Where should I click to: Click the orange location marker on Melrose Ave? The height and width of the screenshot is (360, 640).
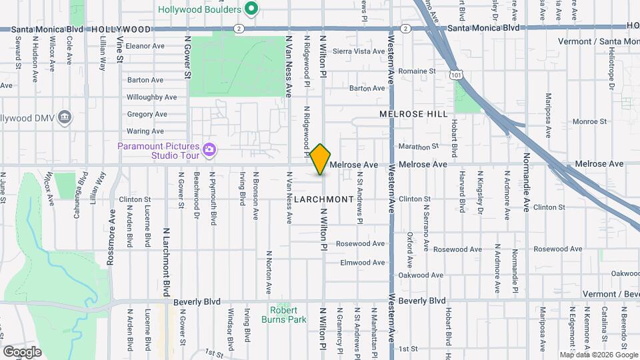[x=321, y=159]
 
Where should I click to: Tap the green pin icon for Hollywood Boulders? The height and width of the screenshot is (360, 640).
[x=251, y=9]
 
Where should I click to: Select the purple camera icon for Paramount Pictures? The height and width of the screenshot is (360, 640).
[x=210, y=149]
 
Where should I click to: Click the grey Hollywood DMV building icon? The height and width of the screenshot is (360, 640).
[x=65, y=118]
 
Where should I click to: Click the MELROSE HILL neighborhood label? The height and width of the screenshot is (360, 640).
[x=413, y=114]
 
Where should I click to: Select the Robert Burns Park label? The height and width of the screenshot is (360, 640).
[x=289, y=315]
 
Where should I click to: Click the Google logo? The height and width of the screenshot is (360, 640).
[x=22, y=351]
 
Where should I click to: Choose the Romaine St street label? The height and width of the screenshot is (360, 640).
[x=417, y=71]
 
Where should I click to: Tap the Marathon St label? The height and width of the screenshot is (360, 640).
[x=418, y=146]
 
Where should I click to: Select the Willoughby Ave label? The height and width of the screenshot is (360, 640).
[x=151, y=97]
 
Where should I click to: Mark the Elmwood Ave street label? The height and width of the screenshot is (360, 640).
[x=363, y=263]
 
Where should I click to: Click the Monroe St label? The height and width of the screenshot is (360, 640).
[x=589, y=122]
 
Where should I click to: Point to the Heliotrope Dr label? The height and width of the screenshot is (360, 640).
[x=611, y=71]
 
